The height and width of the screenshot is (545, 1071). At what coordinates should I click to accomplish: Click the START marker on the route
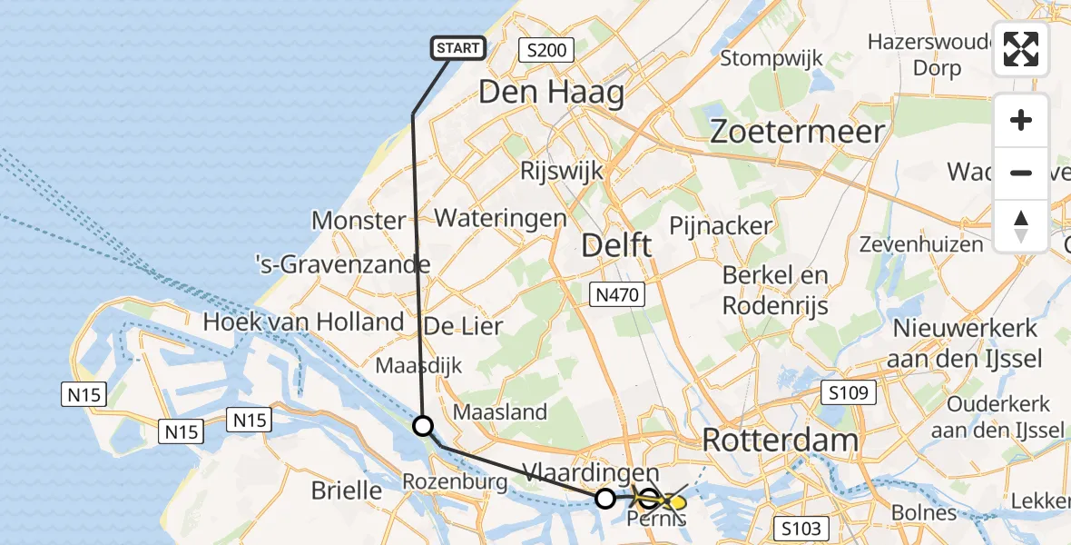click(458, 48)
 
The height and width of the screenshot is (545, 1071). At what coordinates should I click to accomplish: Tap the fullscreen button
click(1021, 49)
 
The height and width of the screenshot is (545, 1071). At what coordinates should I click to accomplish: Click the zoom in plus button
click(1021, 120)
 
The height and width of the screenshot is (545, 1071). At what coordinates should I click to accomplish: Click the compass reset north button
click(1021, 226)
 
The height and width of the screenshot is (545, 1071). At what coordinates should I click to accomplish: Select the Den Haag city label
click(551, 93)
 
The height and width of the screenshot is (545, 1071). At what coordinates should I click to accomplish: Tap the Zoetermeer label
click(797, 132)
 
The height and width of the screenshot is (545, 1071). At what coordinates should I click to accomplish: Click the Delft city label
click(616, 245)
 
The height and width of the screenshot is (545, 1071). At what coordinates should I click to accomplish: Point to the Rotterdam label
click(780, 441)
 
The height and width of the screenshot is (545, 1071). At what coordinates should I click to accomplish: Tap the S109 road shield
click(850, 393)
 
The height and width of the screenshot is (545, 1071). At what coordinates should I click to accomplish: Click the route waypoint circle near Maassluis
click(423, 425)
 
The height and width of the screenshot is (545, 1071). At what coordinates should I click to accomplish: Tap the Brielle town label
click(347, 490)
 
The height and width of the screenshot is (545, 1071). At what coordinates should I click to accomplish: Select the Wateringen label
click(500, 218)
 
